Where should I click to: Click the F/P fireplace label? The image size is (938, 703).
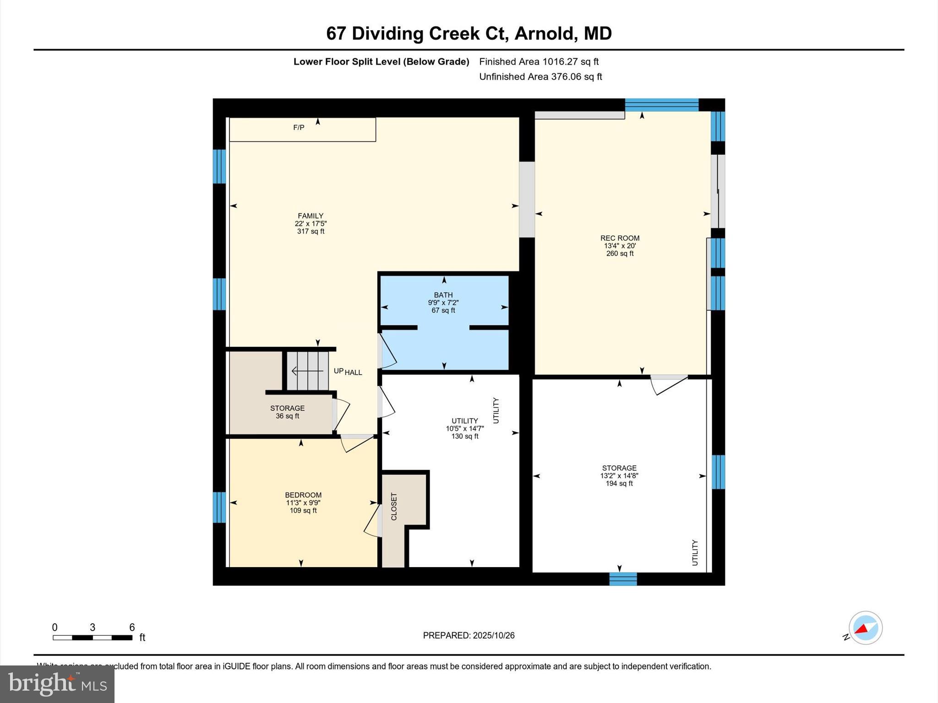(x=299, y=128)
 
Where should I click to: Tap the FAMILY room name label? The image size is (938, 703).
(x=311, y=216)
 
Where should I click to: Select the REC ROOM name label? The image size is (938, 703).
(x=620, y=238)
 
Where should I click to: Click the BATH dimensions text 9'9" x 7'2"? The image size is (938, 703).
(x=443, y=303)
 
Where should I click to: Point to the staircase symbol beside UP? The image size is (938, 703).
(x=307, y=371)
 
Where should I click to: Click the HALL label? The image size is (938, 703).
(x=353, y=373)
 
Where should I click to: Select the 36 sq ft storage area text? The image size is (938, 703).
(x=287, y=416)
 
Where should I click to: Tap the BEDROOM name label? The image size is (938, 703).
(x=303, y=495)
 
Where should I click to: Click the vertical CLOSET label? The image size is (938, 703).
(x=394, y=506)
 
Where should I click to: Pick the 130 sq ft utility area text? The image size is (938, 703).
(x=464, y=436)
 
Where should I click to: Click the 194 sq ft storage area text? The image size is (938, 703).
(x=619, y=483)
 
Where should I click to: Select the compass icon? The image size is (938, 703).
(x=865, y=628)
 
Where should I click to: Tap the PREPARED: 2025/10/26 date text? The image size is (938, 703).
(x=469, y=635)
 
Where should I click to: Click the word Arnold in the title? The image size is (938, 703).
(x=544, y=33)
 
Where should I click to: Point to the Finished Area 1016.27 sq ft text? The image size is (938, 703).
(x=539, y=61)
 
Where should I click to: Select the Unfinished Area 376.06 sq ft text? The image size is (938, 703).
(x=540, y=76)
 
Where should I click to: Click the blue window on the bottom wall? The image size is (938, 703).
(x=623, y=579)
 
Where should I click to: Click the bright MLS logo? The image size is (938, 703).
(x=57, y=684)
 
